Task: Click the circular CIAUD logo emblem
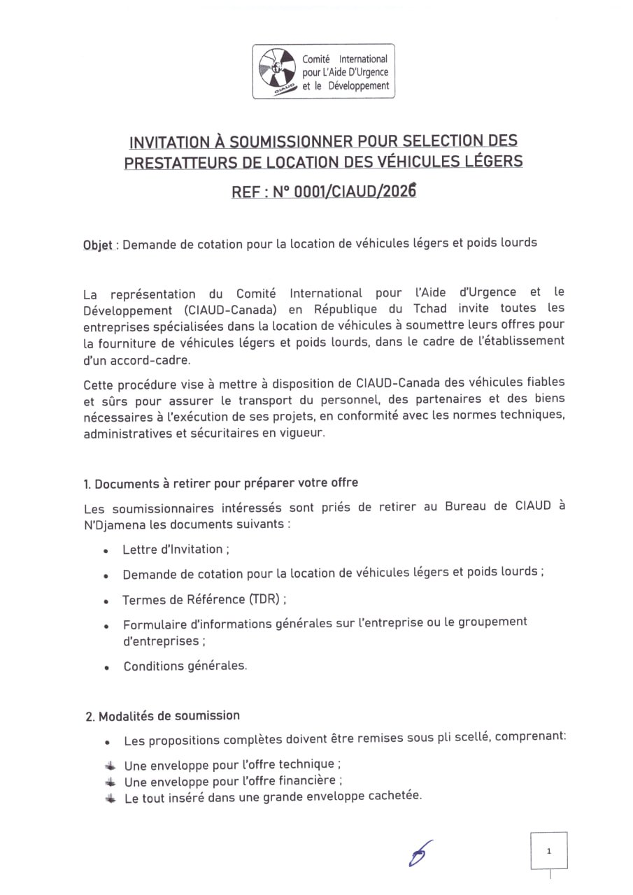pos(276,70)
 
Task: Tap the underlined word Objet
pos(98,244)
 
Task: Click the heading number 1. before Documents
pos(87,484)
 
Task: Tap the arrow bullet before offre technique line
pos(111,765)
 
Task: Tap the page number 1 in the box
pos(549,851)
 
